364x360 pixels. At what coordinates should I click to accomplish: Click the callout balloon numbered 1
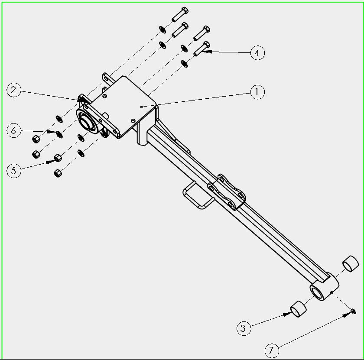pos(257,92)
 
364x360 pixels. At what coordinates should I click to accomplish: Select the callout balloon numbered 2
pos(14,90)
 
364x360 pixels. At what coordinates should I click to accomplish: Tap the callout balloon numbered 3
pos(244,328)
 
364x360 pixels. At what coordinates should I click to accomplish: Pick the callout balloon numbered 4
pos(257,53)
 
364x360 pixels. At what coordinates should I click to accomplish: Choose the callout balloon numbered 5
pos(14,171)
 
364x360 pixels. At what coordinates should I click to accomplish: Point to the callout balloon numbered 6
pos(14,130)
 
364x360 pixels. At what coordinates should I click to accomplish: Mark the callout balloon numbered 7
pos(272,350)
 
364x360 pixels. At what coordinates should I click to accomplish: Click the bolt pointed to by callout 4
pos(202,49)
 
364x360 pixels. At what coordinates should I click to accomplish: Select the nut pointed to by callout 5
pos(58,158)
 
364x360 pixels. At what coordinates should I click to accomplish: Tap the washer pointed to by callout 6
pos(59,134)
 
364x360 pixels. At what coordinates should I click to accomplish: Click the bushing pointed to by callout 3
pos(298,309)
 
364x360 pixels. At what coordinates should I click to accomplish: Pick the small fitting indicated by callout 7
pos(353,311)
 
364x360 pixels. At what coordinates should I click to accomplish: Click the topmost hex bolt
pos(180,14)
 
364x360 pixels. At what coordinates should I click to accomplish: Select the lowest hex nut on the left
pos(58,173)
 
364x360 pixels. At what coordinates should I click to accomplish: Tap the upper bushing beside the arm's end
pos(351,264)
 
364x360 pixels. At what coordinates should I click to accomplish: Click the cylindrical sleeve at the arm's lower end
pos(324,288)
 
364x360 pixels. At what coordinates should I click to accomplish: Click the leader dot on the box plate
pos(141,107)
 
